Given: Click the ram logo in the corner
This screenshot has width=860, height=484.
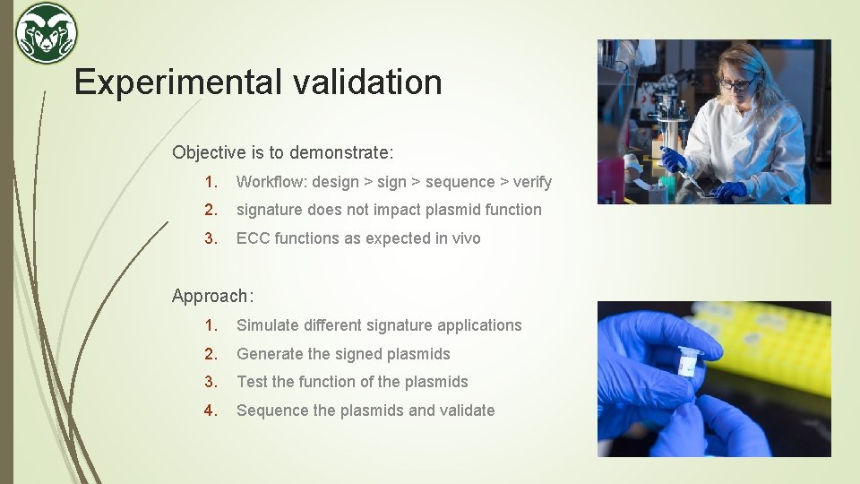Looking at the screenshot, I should point(47,33).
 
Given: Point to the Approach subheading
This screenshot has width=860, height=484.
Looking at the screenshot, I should point(212,296).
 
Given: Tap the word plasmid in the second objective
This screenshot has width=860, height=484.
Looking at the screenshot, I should point(462,210).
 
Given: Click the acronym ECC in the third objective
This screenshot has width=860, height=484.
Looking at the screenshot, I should point(253,238).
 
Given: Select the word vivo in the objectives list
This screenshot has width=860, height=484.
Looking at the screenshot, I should point(463,238).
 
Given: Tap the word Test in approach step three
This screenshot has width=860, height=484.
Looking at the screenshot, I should point(252,382).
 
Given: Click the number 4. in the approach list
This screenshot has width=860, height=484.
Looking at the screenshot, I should point(211,411).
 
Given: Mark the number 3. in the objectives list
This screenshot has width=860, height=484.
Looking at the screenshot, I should point(211,238).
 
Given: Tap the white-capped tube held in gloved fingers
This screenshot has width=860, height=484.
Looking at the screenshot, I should point(688,360).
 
